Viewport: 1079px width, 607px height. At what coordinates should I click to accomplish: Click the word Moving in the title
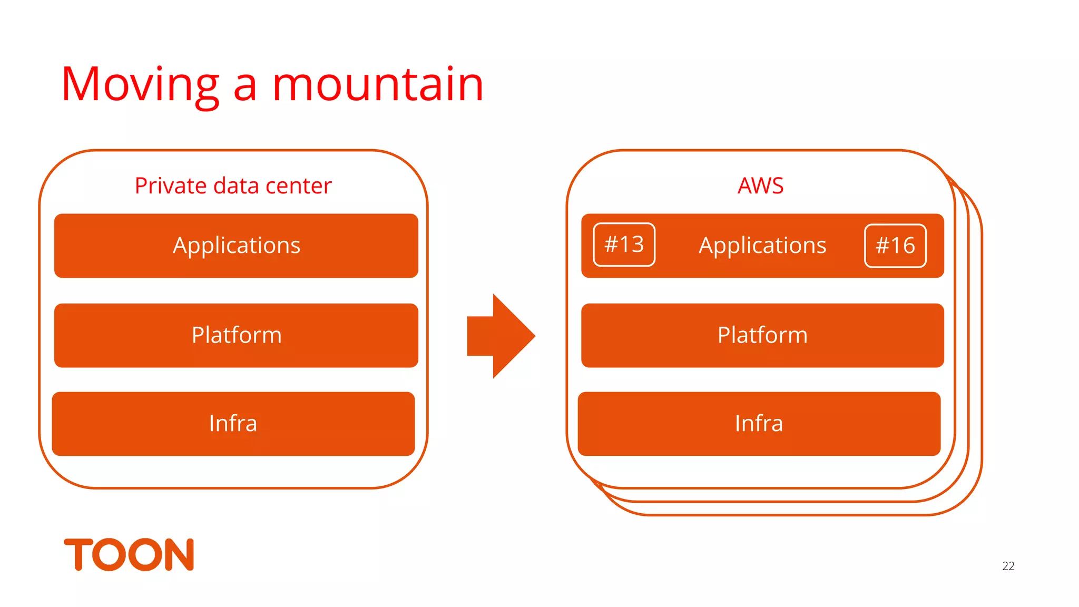click(140, 85)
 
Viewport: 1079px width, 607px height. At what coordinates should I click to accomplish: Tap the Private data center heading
click(233, 185)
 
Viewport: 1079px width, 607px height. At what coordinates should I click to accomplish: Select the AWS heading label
click(760, 185)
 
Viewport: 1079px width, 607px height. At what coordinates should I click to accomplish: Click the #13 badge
click(624, 245)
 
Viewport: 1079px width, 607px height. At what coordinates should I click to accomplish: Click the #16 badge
click(895, 246)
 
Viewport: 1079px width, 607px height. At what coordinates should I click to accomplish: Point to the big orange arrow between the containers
click(501, 336)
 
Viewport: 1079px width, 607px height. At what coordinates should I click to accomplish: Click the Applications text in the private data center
click(237, 246)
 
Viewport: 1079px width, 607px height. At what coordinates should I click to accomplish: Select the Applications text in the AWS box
click(762, 246)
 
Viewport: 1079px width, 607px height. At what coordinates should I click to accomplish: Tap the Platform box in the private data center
click(236, 336)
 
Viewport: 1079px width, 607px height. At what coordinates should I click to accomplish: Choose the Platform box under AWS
click(762, 336)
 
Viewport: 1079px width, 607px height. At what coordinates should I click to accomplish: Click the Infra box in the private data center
click(233, 424)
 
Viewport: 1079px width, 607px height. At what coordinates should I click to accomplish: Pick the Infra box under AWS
click(759, 424)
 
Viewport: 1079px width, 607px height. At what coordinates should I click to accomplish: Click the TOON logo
click(129, 554)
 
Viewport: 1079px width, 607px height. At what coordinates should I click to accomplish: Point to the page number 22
click(1008, 566)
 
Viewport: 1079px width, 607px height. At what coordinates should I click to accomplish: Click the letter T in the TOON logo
click(78, 554)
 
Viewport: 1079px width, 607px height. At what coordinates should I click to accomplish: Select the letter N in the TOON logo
click(179, 554)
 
